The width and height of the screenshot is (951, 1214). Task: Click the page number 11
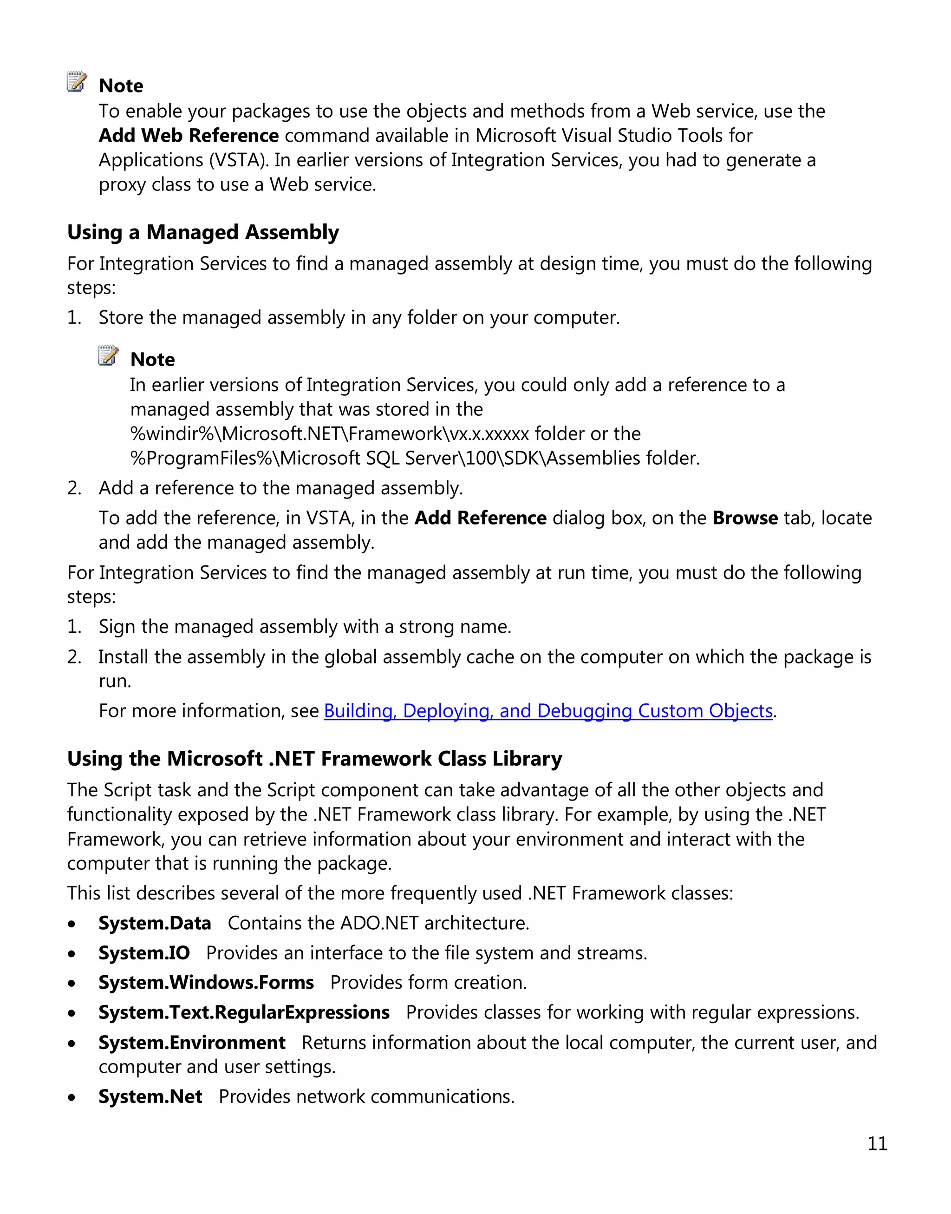point(877,1143)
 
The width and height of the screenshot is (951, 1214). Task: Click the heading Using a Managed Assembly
point(202,232)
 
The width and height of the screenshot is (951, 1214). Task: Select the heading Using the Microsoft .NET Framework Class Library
point(314,759)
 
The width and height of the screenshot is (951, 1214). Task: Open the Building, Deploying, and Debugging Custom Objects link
point(548,711)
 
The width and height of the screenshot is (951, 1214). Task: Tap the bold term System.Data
point(155,923)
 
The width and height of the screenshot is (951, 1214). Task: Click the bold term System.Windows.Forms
point(206,982)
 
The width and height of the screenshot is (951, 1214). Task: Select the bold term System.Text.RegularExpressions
point(244,1012)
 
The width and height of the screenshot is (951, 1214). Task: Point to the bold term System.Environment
point(191,1043)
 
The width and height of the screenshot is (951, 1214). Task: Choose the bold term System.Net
point(150,1096)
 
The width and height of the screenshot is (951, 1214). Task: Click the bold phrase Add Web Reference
point(188,135)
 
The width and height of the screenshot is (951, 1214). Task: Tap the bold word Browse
point(745,518)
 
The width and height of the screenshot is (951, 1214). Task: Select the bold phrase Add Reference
point(481,518)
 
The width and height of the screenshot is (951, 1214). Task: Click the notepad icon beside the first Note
point(77,82)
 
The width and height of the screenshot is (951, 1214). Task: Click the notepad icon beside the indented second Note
point(108,355)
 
